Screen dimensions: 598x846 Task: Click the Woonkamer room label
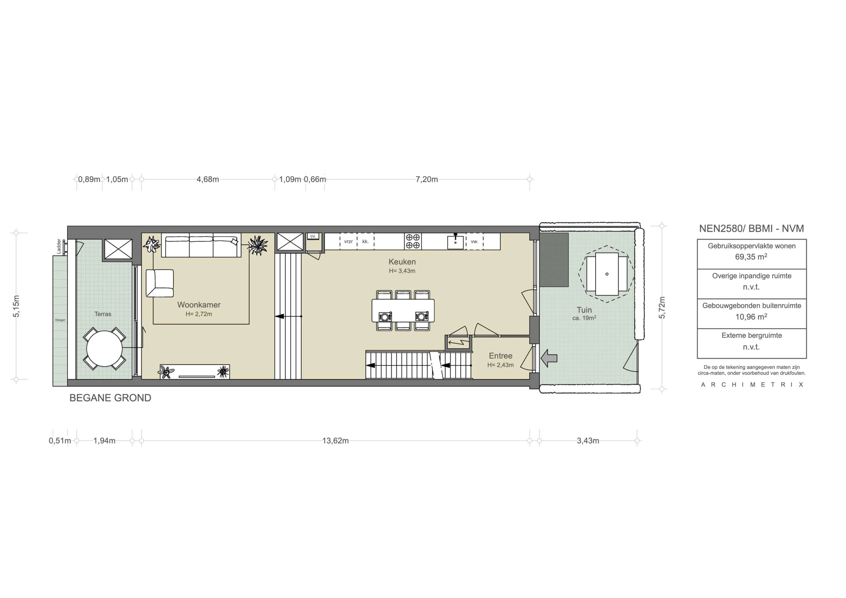coord(199,305)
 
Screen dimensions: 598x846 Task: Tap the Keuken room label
coord(402,262)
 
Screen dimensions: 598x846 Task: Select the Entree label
coord(500,355)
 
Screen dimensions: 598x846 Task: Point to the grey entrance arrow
coord(549,358)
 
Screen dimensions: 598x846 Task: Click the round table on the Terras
coord(104,349)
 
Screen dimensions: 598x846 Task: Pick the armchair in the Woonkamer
coord(160,283)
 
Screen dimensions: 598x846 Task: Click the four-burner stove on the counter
coord(413,241)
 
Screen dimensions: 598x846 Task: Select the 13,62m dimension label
coord(335,441)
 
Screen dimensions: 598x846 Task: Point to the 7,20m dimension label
coord(427,179)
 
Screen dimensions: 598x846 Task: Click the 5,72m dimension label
coord(662,308)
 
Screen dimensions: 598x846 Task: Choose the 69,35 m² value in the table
coord(751,257)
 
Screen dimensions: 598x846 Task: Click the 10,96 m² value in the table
coord(751,317)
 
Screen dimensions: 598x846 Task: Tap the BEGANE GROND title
coord(110,398)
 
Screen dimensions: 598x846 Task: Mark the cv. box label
coord(313,236)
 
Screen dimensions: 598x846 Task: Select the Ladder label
coord(59,246)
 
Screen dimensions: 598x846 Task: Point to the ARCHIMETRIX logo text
coord(752,385)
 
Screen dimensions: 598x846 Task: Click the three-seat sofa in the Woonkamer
coord(201,245)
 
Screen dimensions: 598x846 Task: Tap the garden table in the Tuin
coord(606,274)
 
